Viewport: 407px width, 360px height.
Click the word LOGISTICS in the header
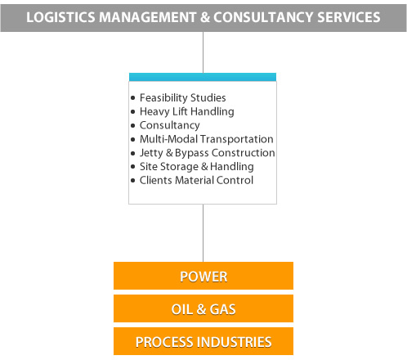click(60, 17)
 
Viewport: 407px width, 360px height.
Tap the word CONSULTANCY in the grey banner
click(263, 17)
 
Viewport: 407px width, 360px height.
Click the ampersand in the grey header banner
click(205, 17)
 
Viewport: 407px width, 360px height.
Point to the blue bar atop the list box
click(203, 77)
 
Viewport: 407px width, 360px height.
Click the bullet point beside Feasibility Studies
click(132, 98)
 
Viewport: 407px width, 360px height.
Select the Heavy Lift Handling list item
click(187, 111)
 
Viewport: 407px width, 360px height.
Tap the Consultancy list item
click(170, 125)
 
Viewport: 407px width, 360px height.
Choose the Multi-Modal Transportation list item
click(207, 139)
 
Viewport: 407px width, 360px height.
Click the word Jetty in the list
click(151, 153)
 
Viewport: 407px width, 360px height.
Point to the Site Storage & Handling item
click(197, 167)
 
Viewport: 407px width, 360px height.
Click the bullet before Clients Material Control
click(132, 180)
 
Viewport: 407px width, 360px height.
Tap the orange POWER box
click(203, 276)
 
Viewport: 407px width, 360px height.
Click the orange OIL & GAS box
click(203, 308)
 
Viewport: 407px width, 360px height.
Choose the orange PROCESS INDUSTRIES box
click(203, 341)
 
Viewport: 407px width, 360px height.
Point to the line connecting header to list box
click(203, 52)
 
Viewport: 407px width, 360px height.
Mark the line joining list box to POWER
click(203, 233)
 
